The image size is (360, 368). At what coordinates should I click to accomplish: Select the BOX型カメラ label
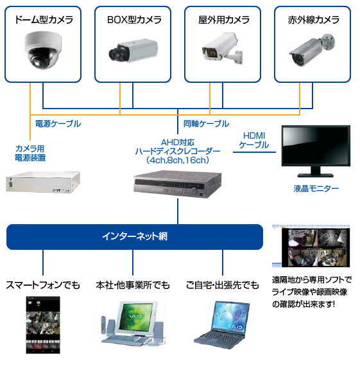click(133, 19)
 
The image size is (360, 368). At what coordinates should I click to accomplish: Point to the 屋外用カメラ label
click(223, 19)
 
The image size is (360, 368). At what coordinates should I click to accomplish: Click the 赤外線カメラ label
click(313, 19)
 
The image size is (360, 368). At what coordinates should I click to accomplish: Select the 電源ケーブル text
click(58, 123)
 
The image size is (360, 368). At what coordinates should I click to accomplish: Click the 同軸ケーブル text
click(206, 123)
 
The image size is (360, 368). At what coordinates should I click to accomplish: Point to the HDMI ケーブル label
click(254, 140)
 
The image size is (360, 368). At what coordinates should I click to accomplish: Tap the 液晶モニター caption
click(316, 189)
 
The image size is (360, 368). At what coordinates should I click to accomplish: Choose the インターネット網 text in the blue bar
click(135, 236)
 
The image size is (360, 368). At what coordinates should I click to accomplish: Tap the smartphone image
click(42, 326)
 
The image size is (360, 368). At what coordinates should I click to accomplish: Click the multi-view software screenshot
click(312, 246)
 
